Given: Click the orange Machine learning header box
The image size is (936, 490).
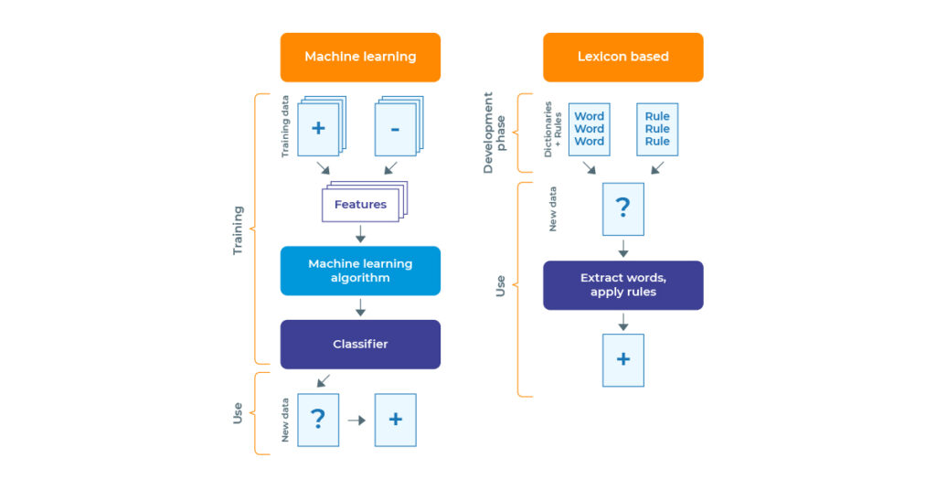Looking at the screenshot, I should point(360,57).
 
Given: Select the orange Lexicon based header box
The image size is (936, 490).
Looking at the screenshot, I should point(622,57).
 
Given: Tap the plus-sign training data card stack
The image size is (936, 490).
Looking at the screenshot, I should point(318,127).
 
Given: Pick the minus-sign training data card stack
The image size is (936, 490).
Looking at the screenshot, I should point(395,127).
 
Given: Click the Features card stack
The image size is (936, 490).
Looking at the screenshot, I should point(361,203).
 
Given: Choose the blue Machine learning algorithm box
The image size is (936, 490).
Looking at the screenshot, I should point(360,271).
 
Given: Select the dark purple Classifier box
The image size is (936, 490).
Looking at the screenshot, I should point(360,344).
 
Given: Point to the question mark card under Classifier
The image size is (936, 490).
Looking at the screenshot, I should point(317,420).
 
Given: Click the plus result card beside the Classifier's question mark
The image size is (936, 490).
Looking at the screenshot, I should point(395,420).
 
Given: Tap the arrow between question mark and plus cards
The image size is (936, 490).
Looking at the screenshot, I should point(356,420).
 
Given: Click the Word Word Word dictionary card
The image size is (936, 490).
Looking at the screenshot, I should point(590,129).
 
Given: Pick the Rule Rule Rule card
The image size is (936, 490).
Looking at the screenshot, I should point(657,129).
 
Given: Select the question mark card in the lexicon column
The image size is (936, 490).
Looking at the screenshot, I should point(622,208).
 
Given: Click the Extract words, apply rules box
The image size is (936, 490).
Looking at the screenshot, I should point(622,285).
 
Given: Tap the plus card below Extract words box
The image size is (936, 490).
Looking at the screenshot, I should point(622,359).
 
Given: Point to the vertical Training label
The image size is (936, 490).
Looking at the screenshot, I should point(239,229).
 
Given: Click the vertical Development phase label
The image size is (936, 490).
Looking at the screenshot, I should point(495,133).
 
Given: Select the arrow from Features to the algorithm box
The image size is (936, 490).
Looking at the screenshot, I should point(360,233).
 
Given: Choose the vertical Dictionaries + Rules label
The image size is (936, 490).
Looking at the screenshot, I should point(553,129).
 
